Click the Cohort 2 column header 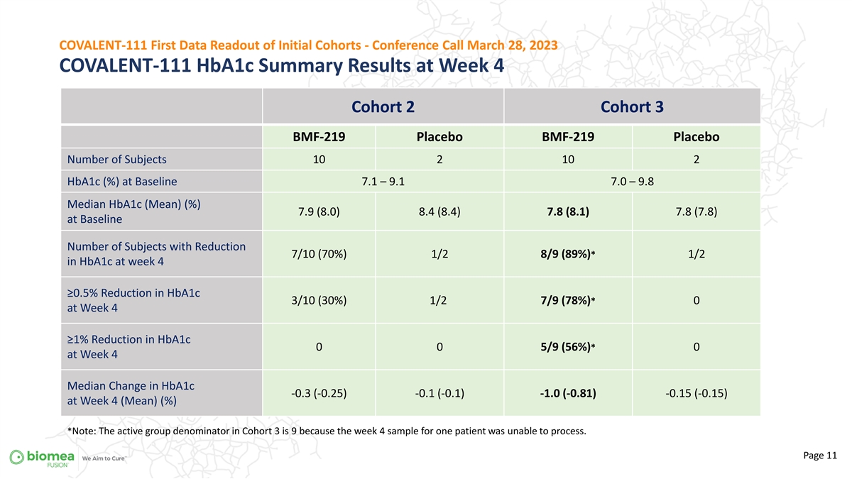click(383, 107)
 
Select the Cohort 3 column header click(632, 107)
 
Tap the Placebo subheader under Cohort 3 click(696, 137)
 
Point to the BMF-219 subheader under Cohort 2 click(319, 137)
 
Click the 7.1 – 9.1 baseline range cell click(383, 182)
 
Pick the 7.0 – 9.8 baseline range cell click(632, 182)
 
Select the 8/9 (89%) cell click(567, 254)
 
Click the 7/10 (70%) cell click(319, 254)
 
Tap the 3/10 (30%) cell click(319, 301)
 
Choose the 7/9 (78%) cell click(567, 301)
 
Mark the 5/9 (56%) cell click(567, 347)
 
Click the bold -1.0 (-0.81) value click(568, 393)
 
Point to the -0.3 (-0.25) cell click(319, 393)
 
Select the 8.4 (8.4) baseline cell click(439, 211)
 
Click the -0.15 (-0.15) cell click(696, 393)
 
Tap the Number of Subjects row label click(116, 160)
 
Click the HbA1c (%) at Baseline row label click(122, 182)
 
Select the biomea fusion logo click(42, 458)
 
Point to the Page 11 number click(819, 456)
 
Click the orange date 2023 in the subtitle click(542, 45)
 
